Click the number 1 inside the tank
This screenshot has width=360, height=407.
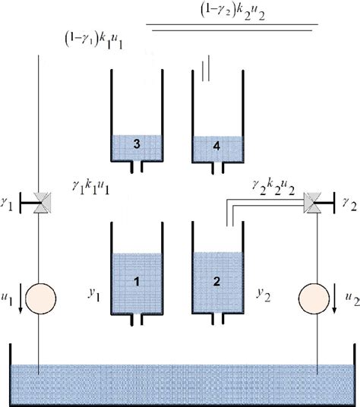tap(137, 282)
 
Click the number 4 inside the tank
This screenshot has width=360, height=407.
tap(216, 147)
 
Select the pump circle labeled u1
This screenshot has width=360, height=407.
tap(38, 296)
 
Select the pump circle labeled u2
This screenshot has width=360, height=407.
tap(314, 296)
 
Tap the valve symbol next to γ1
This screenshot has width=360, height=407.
tap(38, 202)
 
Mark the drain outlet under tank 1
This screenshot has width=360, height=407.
tap(137, 320)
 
